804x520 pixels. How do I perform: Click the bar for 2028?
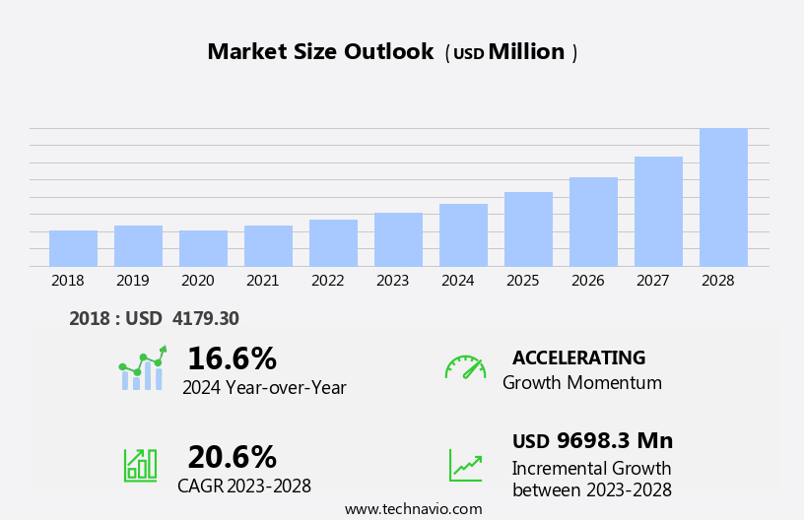tap(723, 197)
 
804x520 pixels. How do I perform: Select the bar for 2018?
tap(73, 248)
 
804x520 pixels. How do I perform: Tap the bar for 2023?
tap(398, 239)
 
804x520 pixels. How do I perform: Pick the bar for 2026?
tap(593, 222)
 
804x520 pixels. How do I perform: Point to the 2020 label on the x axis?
tap(197, 281)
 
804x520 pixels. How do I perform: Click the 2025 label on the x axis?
tap(522, 281)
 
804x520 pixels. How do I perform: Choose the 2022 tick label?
tap(327, 281)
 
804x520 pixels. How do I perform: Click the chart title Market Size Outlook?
tap(320, 52)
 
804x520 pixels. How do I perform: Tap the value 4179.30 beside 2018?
tap(205, 318)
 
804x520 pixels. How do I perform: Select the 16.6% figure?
tap(232, 358)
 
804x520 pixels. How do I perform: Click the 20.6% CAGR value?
tap(232, 457)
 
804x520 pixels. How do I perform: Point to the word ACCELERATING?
tap(578, 357)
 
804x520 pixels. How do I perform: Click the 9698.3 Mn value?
tap(615, 440)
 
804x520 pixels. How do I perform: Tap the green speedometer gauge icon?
tap(465, 367)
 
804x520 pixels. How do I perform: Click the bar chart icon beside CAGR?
tap(140, 464)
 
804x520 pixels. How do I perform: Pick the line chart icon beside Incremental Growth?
tap(465, 465)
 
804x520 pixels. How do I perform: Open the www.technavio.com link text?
tap(413, 509)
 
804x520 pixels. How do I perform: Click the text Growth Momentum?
tap(581, 383)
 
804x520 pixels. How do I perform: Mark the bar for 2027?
tap(658, 211)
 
